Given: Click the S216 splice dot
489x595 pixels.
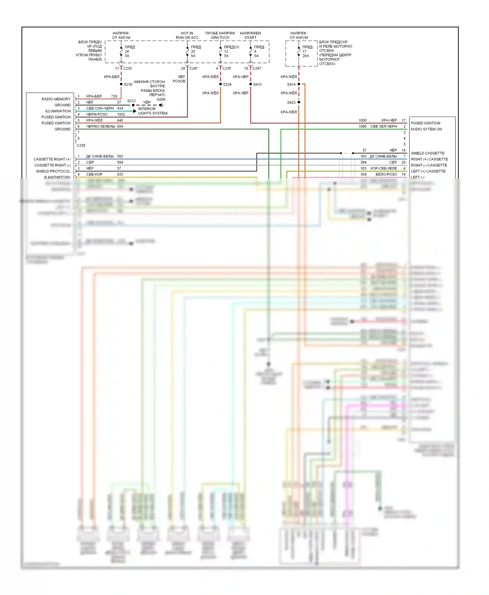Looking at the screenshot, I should tap(121, 84).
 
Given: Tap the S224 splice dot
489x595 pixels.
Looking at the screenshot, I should tap(220, 84).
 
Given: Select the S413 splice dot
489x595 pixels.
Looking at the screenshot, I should tap(251, 84).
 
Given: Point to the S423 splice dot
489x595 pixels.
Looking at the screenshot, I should tap(299, 102).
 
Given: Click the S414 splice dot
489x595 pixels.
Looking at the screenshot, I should tap(299, 84).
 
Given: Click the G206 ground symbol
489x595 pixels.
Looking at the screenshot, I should tap(161, 105).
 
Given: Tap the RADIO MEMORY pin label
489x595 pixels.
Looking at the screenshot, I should tap(56, 99).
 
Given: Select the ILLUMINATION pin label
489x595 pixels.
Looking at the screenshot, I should tap(58, 111).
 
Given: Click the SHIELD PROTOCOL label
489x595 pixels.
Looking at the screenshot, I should tap(53, 171).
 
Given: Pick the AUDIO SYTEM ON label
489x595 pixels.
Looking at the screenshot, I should tap(426, 129).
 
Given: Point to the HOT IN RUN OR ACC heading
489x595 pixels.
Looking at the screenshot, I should tap(187, 35).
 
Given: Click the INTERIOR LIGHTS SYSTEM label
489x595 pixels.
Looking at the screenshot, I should tap(153, 111).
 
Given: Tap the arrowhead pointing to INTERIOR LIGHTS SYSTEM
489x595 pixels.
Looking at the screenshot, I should tap(135, 111).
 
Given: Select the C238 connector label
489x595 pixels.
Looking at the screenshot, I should tap(81, 145).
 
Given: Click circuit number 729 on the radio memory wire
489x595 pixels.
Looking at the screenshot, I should tap(114, 96).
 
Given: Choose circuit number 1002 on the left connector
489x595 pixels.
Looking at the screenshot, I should tap(121, 115).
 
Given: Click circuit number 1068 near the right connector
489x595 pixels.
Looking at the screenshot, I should tap(363, 126).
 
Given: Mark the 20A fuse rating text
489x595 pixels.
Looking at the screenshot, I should tap(305, 56).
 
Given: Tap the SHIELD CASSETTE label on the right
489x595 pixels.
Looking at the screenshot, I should tap(427, 153).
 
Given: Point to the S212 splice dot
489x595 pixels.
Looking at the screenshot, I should tap(133, 105).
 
